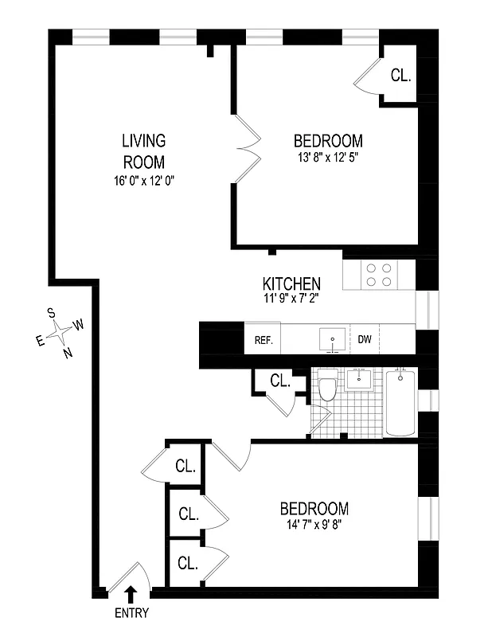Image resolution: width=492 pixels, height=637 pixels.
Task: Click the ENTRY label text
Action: pyautogui.click(x=131, y=613)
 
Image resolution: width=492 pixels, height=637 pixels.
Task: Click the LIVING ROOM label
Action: pyautogui.click(x=143, y=151)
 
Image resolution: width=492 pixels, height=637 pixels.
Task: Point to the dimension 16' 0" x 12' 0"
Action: pyautogui.click(x=143, y=181)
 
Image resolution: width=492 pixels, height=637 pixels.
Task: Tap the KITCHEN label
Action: pyautogui.click(x=291, y=283)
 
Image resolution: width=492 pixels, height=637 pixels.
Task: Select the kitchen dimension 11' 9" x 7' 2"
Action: pyautogui.click(x=291, y=299)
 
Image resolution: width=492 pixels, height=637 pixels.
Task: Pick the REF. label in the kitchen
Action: pyautogui.click(x=264, y=340)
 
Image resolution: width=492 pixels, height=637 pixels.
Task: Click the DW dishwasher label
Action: pyautogui.click(x=365, y=340)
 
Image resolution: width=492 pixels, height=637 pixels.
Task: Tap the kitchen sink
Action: pyautogui.click(x=332, y=339)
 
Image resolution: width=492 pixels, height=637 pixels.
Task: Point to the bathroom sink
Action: pyautogui.click(x=363, y=378)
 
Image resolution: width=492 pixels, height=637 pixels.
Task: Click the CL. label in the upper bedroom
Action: pyautogui.click(x=400, y=76)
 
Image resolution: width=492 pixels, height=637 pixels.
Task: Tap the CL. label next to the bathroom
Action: pyautogui.click(x=279, y=381)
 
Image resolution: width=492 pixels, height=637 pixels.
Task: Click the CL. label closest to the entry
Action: pyautogui.click(x=187, y=564)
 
